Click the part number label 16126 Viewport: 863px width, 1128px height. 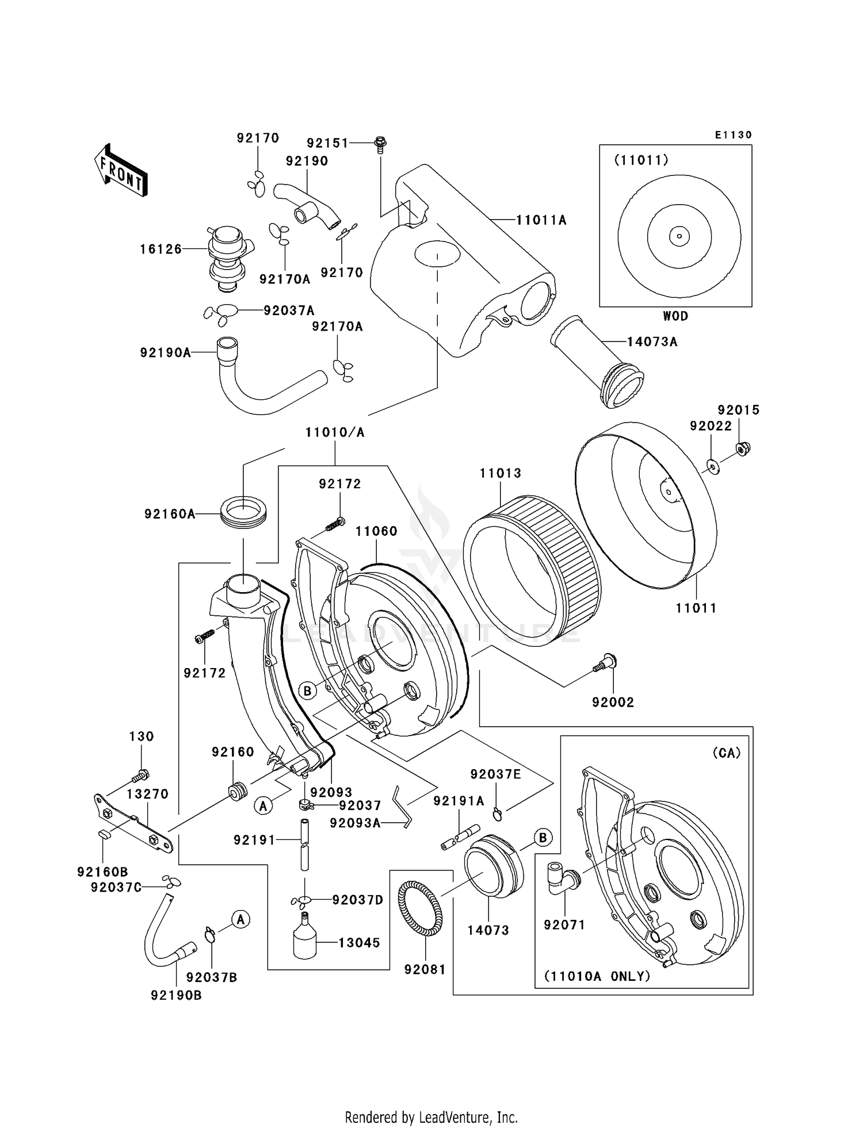161,249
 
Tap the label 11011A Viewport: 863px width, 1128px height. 541,220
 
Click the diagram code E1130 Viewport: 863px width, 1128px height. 733,135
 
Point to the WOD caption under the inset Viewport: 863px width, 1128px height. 675,316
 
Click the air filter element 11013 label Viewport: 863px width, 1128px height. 501,473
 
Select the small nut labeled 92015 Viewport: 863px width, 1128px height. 742,448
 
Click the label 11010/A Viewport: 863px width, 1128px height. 335,432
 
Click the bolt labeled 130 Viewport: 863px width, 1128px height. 140,776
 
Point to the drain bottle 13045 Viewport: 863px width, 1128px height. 304,939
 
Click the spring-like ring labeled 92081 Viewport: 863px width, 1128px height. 421,909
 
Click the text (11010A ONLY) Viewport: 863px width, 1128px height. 597,976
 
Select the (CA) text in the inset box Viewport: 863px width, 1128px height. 726,753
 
